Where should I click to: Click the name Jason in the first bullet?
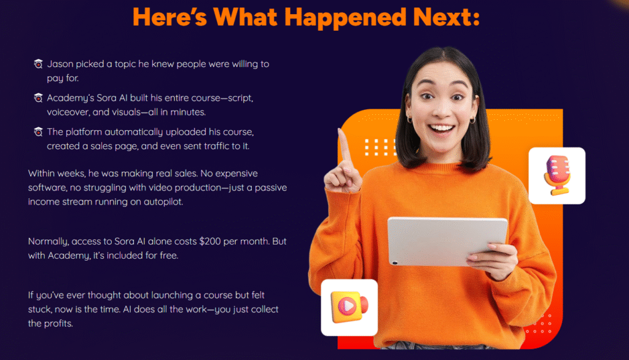pyautogui.click(x=60, y=64)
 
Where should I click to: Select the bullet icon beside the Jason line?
pyautogui.click(x=38, y=64)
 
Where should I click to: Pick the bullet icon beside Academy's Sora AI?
pyautogui.click(x=38, y=98)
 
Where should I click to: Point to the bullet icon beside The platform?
pyautogui.click(x=38, y=132)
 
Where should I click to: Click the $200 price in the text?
pyautogui.click(x=210, y=241)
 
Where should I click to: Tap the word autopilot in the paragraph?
pyautogui.click(x=163, y=202)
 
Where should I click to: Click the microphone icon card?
pyautogui.click(x=557, y=176)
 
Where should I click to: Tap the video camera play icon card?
pyautogui.click(x=349, y=307)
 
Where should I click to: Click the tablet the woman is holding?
pyautogui.click(x=447, y=241)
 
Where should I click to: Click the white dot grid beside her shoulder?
pyautogui.click(x=380, y=147)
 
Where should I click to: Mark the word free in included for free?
pyautogui.click(x=168, y=256)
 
